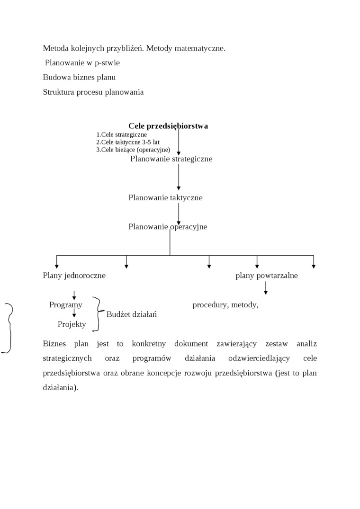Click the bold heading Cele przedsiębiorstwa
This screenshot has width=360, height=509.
point(168,126)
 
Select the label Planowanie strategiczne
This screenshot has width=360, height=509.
point(171,159)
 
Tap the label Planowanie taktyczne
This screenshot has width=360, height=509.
point(165,198)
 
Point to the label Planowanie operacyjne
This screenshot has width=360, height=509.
point(168,227)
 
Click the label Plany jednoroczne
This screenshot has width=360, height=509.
point(74,276)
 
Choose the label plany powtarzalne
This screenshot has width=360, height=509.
point(267,276)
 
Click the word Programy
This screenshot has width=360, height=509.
point(66,305)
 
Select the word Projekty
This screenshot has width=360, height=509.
point(72,324)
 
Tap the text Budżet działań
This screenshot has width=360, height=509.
point(132,314)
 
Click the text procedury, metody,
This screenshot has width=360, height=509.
point(225,305)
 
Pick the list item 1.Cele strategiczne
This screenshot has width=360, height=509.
point(121,134)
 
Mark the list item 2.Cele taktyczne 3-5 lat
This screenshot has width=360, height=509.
point(128,142)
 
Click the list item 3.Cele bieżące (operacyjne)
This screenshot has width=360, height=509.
point(133,150)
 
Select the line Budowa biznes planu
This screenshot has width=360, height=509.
point(79,77)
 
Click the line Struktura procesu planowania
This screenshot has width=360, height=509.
point(93,92)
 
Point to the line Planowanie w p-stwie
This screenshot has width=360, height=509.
point(82,63)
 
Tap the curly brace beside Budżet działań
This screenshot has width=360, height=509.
point(98,313)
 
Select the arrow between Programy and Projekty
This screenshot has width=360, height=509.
point(74,313)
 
